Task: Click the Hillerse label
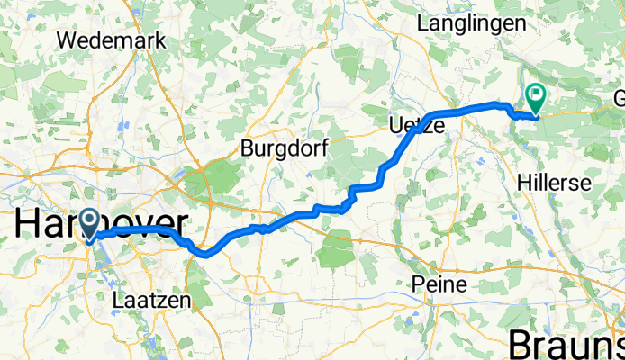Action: [x=555, y=183]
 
